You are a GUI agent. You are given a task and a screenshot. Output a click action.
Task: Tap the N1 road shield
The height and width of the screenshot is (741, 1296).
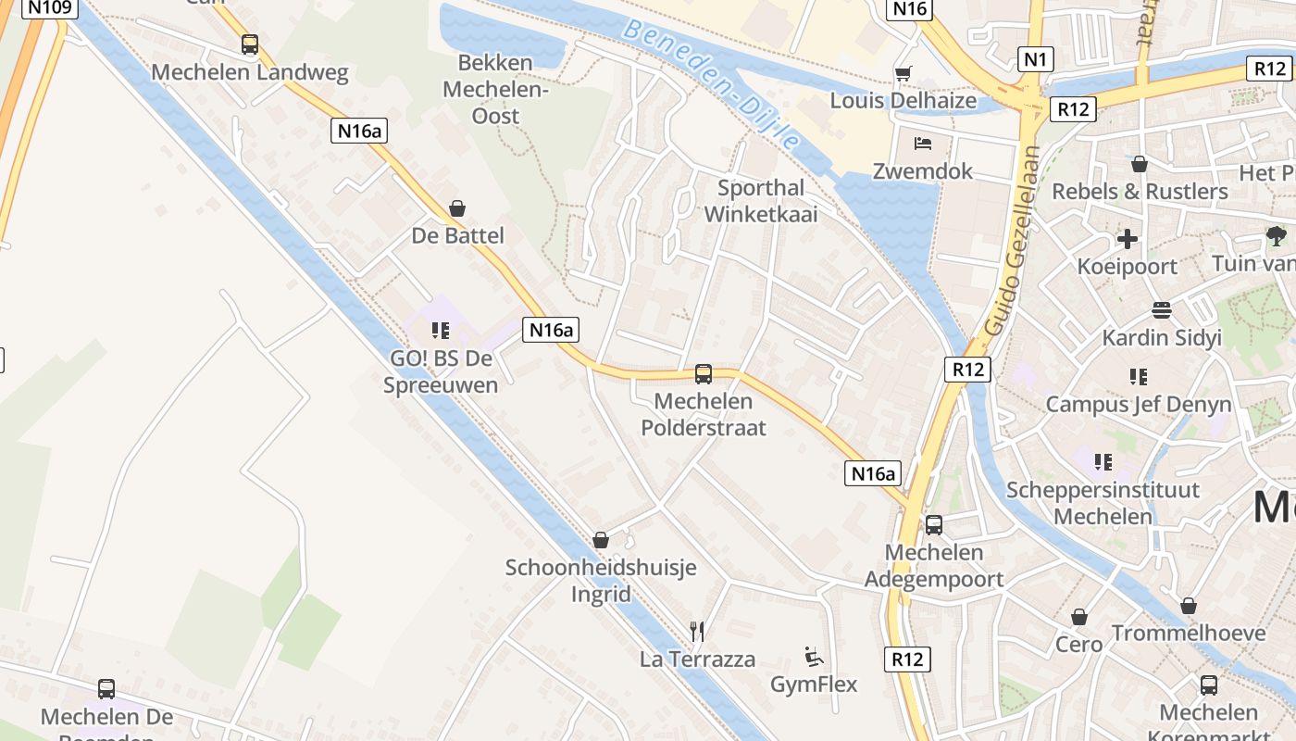(1035, 60)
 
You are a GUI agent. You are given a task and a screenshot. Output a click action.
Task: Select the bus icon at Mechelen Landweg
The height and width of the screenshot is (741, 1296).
(249, 44)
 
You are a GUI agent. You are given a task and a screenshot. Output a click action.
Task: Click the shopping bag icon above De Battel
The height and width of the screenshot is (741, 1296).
(457, 208)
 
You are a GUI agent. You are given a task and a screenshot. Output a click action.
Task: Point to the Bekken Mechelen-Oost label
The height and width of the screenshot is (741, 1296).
(495, 90)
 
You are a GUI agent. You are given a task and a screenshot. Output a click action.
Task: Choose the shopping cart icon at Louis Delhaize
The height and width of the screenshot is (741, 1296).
(903, 73)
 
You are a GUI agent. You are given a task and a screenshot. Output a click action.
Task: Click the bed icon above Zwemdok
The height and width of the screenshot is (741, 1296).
(923, 144)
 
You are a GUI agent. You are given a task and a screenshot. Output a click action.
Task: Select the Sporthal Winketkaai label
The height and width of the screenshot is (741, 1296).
(761, 201)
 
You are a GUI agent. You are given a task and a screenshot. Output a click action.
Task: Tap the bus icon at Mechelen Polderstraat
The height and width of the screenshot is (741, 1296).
(704, 374)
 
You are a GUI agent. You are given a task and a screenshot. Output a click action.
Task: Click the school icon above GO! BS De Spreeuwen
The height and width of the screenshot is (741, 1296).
(441, 331)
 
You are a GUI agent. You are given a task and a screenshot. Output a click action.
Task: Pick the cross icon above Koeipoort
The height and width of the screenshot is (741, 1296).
(1128, 240)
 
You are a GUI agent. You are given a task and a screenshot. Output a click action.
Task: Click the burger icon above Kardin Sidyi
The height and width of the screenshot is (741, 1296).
(1162, 310)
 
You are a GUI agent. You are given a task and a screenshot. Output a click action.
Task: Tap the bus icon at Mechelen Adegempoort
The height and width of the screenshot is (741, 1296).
(934, 525)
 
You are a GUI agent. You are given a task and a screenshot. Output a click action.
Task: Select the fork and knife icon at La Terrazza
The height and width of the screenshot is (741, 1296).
(698, 632)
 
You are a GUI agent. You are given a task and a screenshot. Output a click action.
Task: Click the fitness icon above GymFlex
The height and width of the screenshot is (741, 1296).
(814, 658)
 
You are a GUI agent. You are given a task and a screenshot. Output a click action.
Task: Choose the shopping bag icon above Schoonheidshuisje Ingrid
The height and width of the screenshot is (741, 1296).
(601, 540)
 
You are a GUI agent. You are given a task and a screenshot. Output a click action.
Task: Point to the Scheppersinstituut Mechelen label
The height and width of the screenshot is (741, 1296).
(1103, 503)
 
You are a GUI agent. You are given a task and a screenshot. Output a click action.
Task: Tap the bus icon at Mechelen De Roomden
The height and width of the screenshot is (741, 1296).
(106, 689)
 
